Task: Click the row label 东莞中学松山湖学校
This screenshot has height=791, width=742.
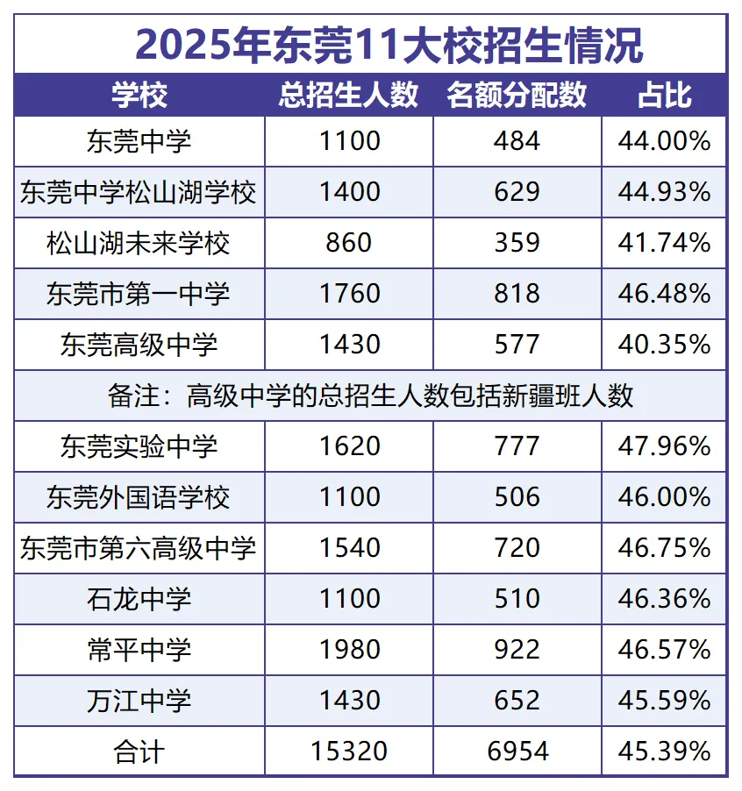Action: [139, 192]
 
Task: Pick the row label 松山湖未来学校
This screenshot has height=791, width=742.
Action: [139, 243]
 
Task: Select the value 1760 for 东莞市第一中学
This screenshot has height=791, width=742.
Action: [348, 294]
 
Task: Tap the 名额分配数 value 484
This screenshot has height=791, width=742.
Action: [517, 141]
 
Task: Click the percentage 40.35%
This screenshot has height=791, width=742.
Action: [664, 345]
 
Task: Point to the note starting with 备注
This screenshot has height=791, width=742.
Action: [371, 395]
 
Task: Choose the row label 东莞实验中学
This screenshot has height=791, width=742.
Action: [139, 446]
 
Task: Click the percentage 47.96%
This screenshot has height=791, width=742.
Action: [664, 446]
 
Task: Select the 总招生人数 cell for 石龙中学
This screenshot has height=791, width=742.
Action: [348, 599]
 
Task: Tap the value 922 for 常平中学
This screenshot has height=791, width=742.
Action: [517, 650]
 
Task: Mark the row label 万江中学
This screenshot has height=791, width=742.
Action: [139, 701]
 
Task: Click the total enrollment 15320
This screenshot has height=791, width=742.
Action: [348, 752]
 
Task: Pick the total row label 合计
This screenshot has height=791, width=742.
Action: [139, 752]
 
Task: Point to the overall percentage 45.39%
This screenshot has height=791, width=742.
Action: [664, 752]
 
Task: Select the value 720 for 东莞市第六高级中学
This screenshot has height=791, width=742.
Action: [517, 548]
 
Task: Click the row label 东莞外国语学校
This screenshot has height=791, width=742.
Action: [139, 497]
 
